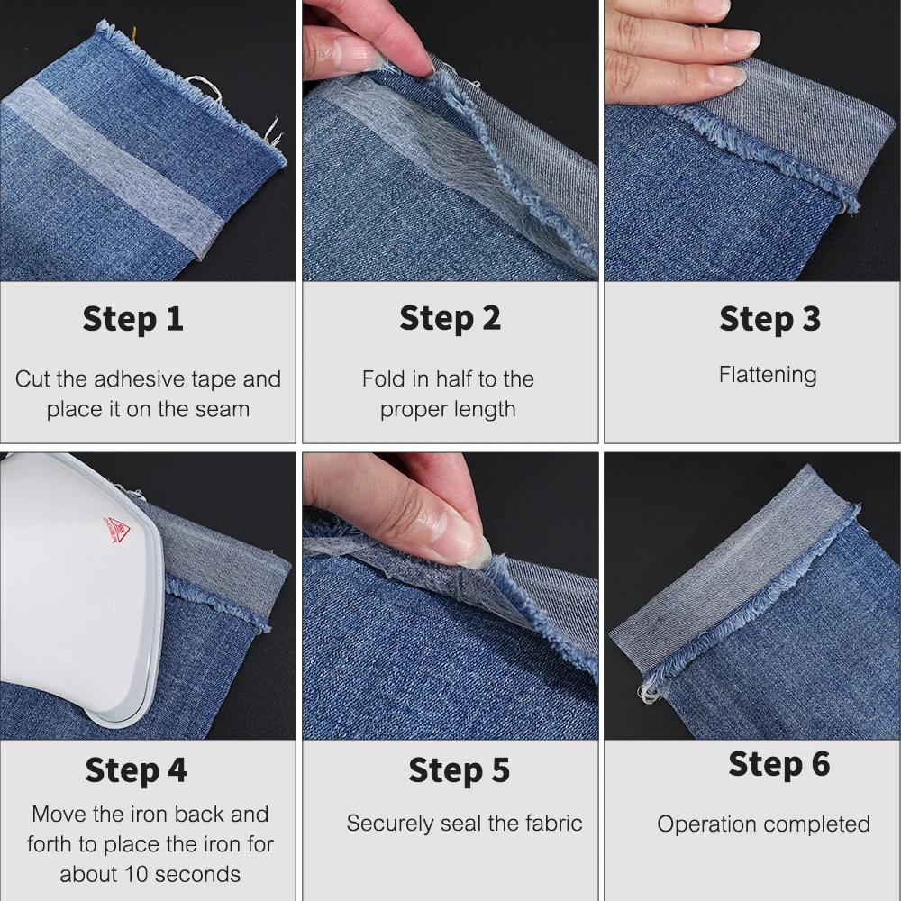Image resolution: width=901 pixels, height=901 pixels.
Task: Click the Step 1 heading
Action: tap(133, 319)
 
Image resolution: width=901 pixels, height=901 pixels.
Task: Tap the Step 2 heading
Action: tap(450, 319)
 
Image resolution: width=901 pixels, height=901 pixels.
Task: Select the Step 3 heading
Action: tap(769, 319)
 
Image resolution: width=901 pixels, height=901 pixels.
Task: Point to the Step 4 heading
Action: tap(136, 770)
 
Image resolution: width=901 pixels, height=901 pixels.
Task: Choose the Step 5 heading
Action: tap(459, 770)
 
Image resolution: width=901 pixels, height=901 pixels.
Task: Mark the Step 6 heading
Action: tap(778, 764)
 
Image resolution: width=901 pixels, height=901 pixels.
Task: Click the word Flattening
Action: tap(768, 375)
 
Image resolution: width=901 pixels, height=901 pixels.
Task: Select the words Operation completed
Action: tap(763, 824)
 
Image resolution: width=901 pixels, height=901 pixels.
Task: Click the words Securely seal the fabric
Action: tap(464, 824)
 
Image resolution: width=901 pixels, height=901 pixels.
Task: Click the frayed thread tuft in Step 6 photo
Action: tap(648, 689)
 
